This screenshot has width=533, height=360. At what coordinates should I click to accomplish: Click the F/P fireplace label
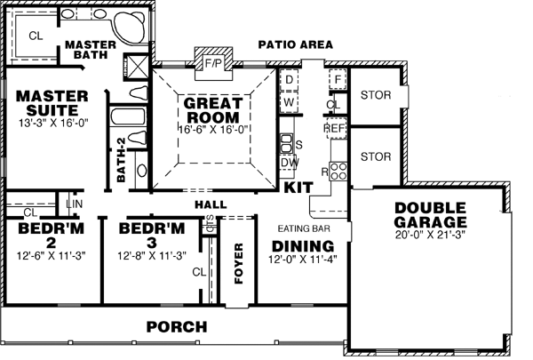click(x=211, y=63)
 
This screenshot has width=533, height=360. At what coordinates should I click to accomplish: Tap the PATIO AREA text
click(x=295, y=44)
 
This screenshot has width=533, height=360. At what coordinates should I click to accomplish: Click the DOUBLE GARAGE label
click(x=431, y=214)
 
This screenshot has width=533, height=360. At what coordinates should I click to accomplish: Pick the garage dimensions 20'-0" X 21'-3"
click(x=431, y=235)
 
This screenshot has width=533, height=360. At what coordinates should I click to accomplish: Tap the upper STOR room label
click(x=376, y=94)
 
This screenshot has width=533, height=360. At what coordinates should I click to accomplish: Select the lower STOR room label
click(x=376, y=156)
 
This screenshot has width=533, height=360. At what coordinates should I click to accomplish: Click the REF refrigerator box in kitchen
click(x=334, y=128)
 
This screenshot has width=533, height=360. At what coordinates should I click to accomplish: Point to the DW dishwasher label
click(x=289, y=163)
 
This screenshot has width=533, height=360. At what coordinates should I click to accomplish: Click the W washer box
click(x=289, y=102)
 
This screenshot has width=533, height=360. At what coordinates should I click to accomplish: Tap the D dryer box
click(x=289, y=80)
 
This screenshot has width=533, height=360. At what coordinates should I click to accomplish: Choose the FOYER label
click(x=237, y=263)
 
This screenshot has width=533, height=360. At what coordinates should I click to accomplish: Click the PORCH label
click(x=177, y=326)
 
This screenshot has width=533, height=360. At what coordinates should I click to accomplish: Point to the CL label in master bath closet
click(x=36, y=36)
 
